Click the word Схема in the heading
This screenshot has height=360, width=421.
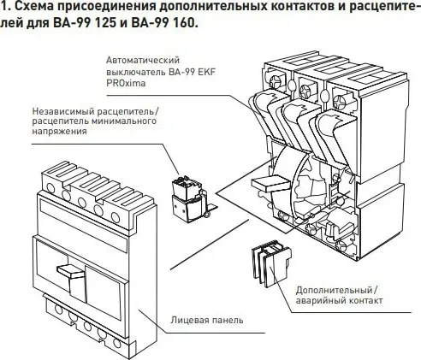[x=35, y=8]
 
